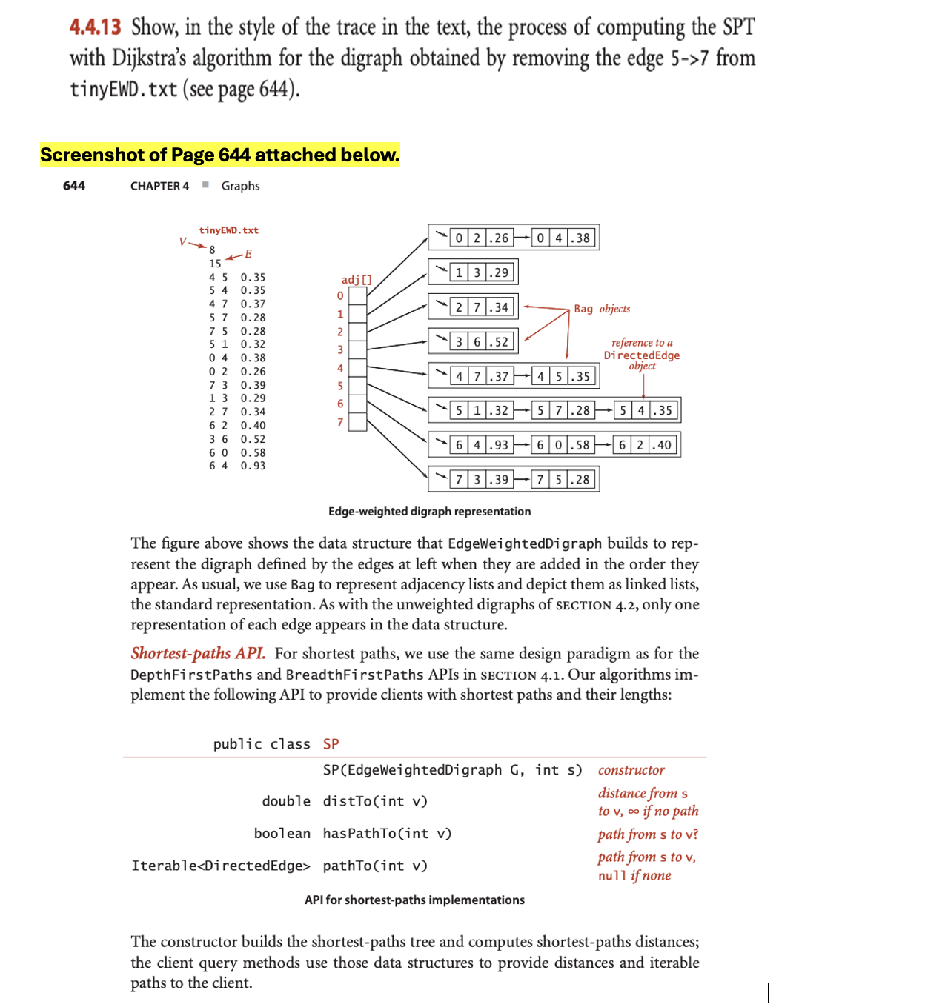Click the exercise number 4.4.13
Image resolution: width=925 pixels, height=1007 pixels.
(x=95, y=27)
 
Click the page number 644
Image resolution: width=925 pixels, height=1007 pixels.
(x=74, y=186)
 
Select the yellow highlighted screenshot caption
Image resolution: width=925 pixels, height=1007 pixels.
(x=219, y=155)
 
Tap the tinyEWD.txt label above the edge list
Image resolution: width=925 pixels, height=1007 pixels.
(x=228, y=230)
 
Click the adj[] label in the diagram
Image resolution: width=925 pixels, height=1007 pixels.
(x=357, y=279)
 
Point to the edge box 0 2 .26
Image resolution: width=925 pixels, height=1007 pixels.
(x=482, y=238)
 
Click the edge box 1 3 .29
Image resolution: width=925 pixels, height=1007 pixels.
(x=482, y=272)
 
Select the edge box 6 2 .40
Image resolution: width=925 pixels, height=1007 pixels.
(x=645, y=445)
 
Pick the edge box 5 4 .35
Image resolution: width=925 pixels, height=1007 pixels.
(x=645, y=410)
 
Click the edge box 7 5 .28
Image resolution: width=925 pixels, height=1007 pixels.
(x=563, y=479)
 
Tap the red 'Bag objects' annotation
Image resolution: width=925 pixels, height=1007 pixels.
(x=602, y=309)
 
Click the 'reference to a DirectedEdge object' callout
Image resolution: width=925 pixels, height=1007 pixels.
(x=642, y=354)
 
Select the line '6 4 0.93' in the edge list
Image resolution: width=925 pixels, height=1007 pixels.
(x=236, y=466)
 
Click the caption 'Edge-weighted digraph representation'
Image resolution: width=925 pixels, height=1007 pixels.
(x=429, y=512)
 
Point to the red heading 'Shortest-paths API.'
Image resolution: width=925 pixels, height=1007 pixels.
(x=198, y=653)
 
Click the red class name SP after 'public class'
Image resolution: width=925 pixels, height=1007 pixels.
(x=331, y=744)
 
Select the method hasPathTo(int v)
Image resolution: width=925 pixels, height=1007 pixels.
(x=387, y=834)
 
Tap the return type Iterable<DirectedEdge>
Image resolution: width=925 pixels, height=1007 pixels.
(x=221, y=866)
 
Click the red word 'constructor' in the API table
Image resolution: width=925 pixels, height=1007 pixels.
(x=631, y=770)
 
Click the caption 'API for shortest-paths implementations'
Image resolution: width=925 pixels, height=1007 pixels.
(x=414, y=900)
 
